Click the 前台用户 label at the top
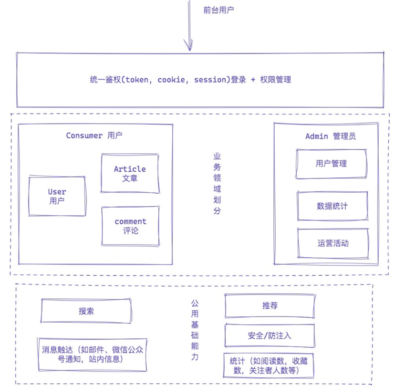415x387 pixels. click(x=218, y=10)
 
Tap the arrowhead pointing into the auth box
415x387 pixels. click(x=188, y=45)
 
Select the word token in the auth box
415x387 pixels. click(x=137, y=80)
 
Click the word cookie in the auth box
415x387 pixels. click(x=171, y=80)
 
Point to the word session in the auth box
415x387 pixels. click(x=210, y=80)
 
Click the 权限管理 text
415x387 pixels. click(x=276, y=80)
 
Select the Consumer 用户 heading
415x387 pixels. click(x=94, y=136)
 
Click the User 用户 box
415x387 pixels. click(x=57, y=196)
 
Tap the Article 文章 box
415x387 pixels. click(x=130, y=174)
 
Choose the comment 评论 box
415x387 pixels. click(x=131, y=226)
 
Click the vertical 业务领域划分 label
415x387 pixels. click(x=217, y=183)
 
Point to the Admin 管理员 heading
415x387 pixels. click(x=331, y=136)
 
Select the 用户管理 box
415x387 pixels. click(x=331, y=164)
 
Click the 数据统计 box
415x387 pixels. click(x=332, y=206)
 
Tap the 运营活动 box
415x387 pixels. click(x=333, y=243)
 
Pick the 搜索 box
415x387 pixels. click(x=86, y=311)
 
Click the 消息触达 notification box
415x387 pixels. click(x=93, y=355)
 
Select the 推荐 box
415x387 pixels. click(x=270, y=306)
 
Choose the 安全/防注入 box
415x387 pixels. click(x=270, y=335)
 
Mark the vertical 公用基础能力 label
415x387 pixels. click(x=195, y=330)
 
